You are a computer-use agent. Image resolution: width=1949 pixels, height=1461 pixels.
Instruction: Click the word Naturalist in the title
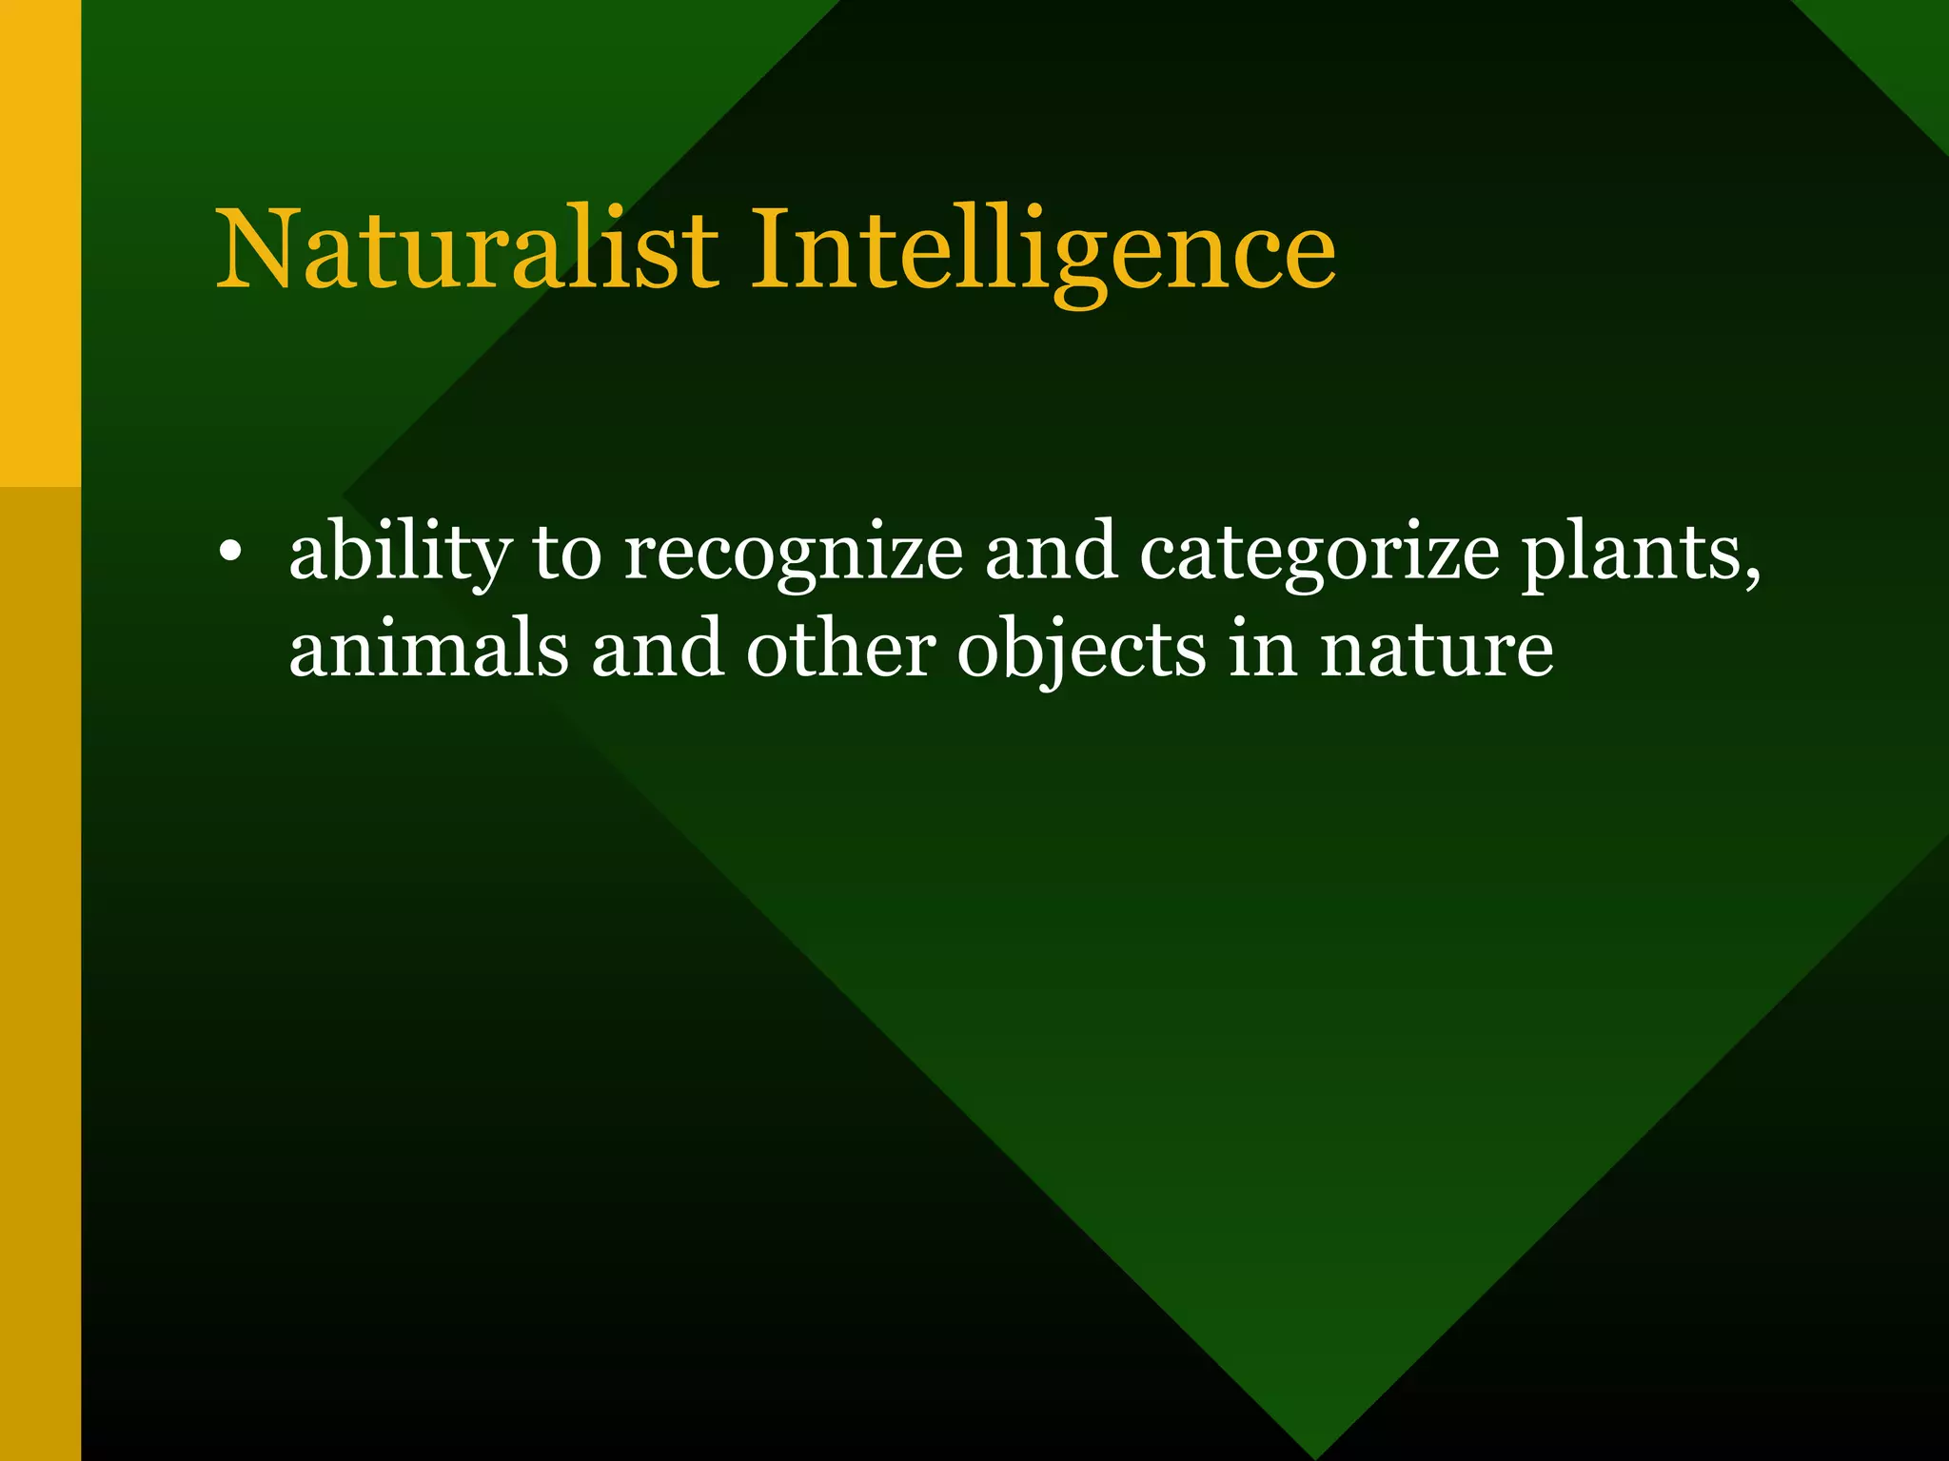466,249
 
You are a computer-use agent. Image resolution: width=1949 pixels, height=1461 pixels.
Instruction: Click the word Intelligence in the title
1043,249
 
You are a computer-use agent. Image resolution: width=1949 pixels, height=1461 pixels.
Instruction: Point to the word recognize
793,555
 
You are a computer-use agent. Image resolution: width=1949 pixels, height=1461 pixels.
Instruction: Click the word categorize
1319,555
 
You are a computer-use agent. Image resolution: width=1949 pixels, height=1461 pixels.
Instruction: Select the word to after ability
567,555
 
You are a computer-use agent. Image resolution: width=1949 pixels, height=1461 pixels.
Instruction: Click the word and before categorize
1051,555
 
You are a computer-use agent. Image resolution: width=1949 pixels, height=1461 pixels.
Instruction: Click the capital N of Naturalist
259,249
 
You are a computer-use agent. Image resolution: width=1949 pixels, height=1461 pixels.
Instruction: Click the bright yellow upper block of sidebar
40,243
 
